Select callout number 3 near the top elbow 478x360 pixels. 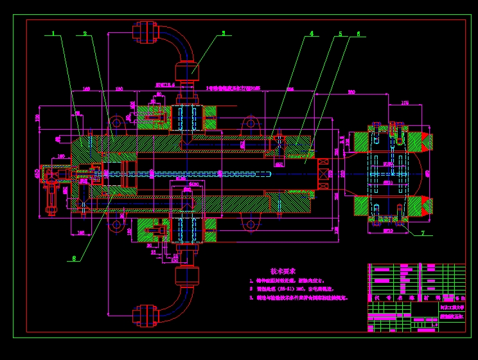[224, 33]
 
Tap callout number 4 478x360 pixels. [312, 33]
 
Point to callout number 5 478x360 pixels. [340, 33]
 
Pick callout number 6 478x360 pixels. [358, 33]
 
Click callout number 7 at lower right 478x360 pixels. [423, 233]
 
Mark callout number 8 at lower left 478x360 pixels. [75, 258]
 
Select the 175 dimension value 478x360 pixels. [405, 102]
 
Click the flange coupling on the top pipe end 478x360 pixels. [145, 32]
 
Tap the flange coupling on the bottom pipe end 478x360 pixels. [145, 316]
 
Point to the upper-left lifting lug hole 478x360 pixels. [116, 123]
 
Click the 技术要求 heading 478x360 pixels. [283, 272]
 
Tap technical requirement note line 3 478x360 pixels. [299, 298]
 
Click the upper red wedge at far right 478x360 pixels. [426, 143]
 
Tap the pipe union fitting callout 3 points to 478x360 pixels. [187, 69]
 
